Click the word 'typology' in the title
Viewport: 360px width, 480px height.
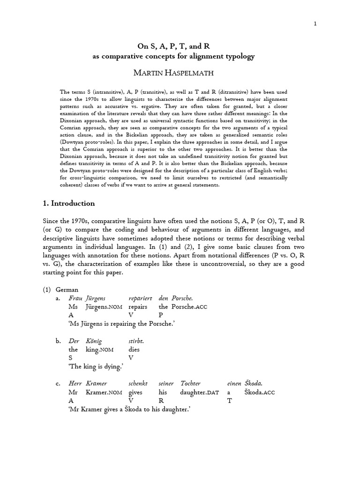click(x=238, y=57)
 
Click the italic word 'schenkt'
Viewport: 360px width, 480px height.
click(x=139, y=383)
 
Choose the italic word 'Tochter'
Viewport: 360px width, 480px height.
click(x=193, y=383)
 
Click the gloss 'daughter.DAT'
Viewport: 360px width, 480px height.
click(x=199, y=392)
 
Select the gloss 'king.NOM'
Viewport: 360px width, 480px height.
click(x=98, y=349)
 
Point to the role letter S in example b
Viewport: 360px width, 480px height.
click(x=70, y=358)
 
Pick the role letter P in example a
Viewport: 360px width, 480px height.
click(x=161, y=315)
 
